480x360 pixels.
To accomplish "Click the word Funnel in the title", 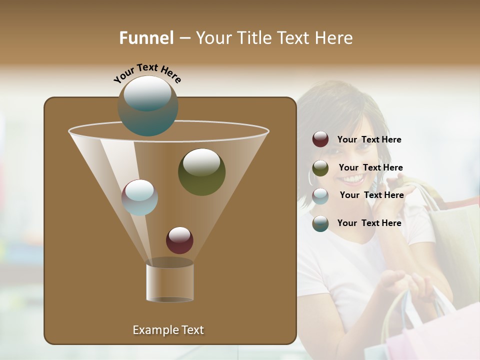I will (146, 38).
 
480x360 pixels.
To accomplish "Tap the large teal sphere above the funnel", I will (148, 105).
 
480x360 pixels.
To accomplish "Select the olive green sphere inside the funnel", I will (201, 171).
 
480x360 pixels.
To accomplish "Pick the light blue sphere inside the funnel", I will (139, 197).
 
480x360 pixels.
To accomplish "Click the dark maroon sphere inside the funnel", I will (179, 240).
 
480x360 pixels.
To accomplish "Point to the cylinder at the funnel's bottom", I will (169, 282).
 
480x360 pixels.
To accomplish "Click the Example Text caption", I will (168, 330).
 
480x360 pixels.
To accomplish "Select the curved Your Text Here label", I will (147, 73).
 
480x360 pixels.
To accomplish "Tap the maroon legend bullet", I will (320, 139).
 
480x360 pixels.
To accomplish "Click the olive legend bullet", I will (320, 168).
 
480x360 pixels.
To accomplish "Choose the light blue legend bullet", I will (320, 196).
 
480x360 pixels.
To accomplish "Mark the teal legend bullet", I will (320, 223).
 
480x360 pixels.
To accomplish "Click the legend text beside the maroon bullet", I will (369, 140).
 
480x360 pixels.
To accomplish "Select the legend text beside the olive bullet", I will (370, 168).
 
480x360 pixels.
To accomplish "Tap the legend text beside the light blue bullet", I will (371, 195).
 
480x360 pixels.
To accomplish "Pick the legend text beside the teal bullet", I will (369, 223).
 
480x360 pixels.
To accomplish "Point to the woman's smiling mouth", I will (352, 178).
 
